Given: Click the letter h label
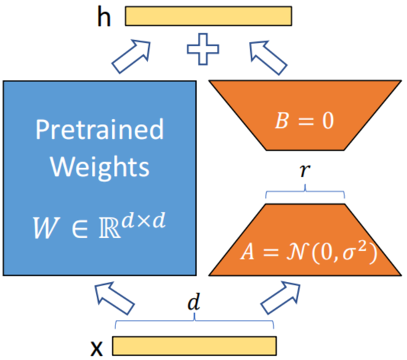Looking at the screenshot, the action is (x=104, y=17).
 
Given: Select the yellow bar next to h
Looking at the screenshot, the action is (x=208, y=16).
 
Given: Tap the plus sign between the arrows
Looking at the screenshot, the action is (x=203, y=49).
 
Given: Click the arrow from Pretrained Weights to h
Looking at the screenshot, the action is (x=131, y=56).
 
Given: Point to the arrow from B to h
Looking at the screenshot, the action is (x=268, y=57).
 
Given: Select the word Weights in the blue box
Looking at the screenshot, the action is (x=99, y=167).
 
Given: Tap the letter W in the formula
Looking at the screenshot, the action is (x=45, y=227).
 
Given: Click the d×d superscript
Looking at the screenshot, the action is (x=144, y=221).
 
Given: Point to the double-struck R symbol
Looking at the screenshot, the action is (x=110, y=227).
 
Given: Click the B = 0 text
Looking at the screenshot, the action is (x=304, y=121).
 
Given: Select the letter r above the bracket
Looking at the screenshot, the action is (x=305, y=171).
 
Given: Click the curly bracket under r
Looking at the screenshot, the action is (x=305, y=191).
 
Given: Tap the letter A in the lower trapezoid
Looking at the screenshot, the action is (x=248, y=251).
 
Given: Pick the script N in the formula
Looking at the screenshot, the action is (x=297, y=251).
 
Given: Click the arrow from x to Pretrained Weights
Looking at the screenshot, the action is (x=115, y=298).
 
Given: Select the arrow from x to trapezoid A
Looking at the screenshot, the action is (x=281, y=298).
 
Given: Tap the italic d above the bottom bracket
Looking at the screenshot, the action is (x=194, y=301).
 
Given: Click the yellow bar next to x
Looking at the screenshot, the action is (x=194, y=346).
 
